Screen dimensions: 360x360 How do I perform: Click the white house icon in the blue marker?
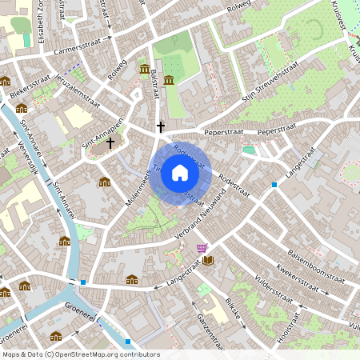click(180, 173)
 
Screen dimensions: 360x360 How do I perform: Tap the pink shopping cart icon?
click(201, 249)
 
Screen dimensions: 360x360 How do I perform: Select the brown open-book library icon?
click(209, 260)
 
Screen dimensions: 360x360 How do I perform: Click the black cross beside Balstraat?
click(161, 126)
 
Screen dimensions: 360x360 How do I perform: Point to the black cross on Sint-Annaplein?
click(110, 142)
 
